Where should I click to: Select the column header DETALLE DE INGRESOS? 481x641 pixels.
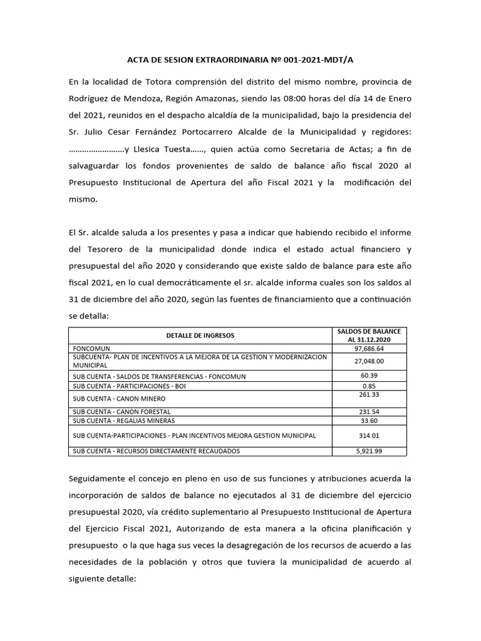tap(200, 336)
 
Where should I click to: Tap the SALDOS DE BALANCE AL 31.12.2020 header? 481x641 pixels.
tap(369, 336)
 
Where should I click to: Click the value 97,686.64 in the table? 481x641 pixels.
tap(369, 349)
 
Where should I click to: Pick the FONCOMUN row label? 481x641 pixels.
tap(90, 349)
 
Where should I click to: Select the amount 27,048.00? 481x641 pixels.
tap(369, 361)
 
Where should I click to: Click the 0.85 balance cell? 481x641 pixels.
tap(369, 386)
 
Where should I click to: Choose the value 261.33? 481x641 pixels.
tap(369, 395)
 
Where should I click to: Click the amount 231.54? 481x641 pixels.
tap(369, 412)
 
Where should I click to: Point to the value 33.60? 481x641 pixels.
tap(369, 421)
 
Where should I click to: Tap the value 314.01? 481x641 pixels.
tap(369, 436)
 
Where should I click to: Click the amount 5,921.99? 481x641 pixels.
tap(369, 451)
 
